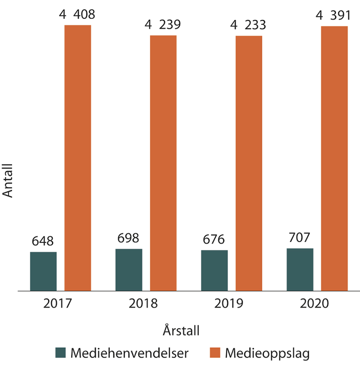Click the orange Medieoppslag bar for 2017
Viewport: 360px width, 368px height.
[78, 157]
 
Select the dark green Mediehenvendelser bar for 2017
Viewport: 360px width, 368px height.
[43, 271]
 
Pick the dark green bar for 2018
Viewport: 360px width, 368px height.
[129, 270]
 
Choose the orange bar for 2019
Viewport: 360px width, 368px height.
[249, 163]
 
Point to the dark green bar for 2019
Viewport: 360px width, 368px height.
[214, 270]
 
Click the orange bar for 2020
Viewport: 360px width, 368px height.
[334, 158]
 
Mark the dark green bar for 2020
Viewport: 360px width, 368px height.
[300, 269]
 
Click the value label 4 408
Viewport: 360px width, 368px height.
[77, 15]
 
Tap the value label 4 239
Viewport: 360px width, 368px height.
[163, 25]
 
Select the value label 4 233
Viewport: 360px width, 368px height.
[248, 25]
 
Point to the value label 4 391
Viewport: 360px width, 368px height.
[334, 15]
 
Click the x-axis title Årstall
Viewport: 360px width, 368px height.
[181, 331]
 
